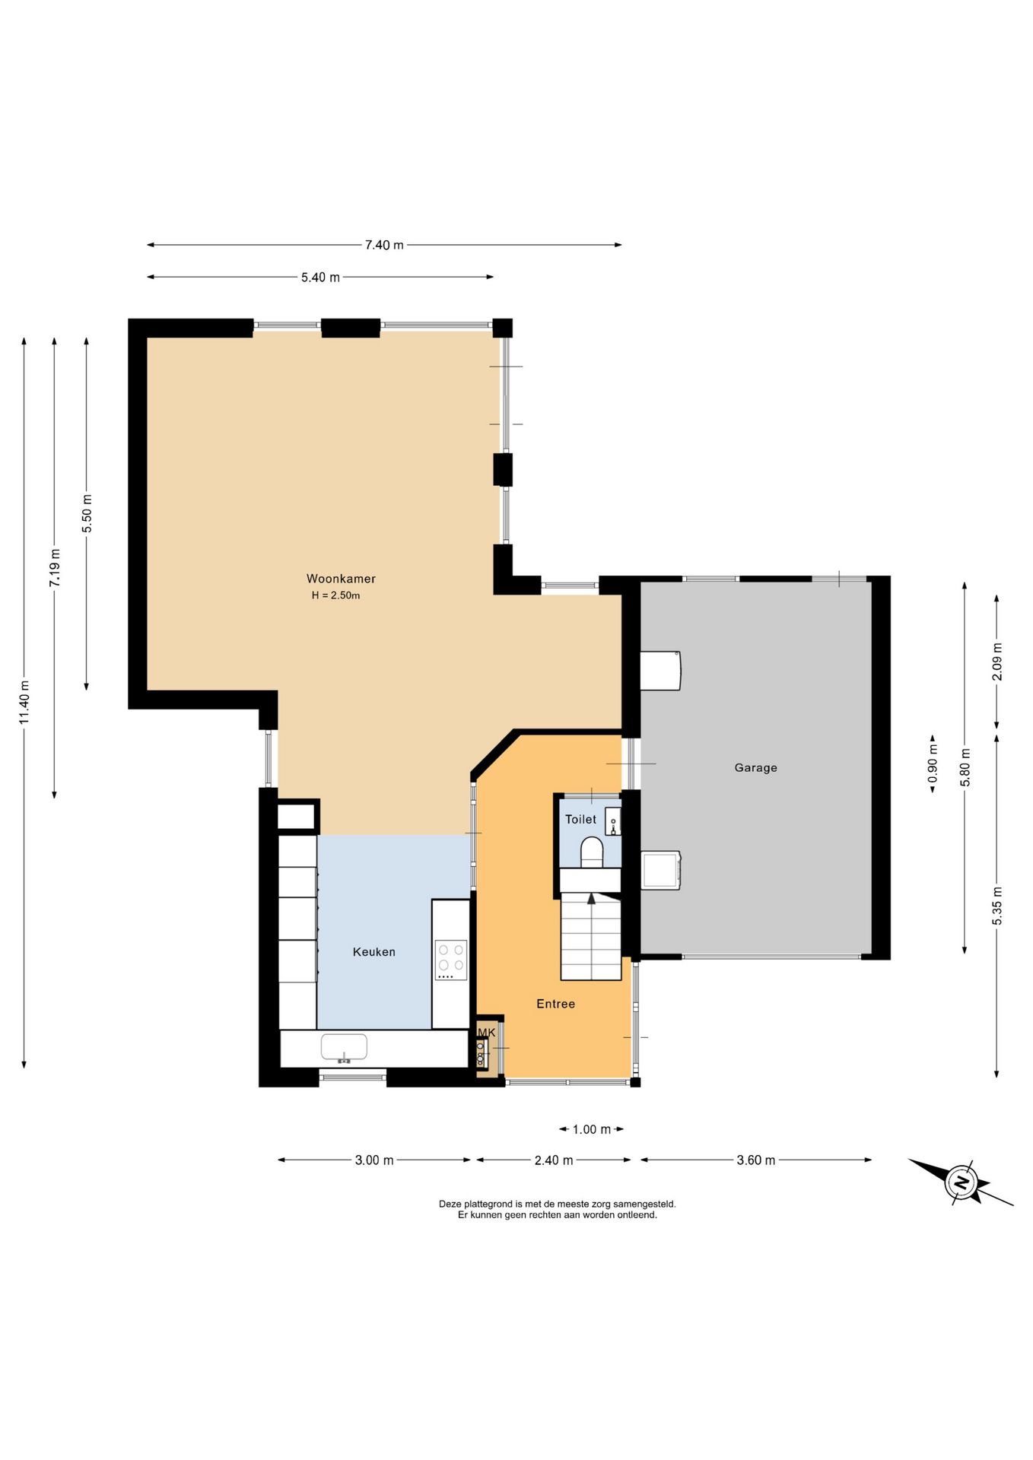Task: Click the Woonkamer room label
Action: (341, 579)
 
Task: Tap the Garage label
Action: (755, 768)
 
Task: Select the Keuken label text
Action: (373, 952)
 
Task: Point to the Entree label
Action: (555, 1004)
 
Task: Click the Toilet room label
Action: (580, 819)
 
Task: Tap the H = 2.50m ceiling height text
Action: (335, 595)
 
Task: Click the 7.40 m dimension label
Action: (384, 245)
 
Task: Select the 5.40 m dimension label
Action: (320, 278)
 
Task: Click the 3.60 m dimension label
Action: (755, 1160)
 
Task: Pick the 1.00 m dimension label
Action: (591, 1129)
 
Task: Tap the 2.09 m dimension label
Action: (997, 662)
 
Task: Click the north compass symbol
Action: (961, 1182)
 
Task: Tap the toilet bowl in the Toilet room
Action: (592, 852)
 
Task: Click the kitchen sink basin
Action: (344, 1047)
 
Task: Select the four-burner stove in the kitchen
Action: (450, 960)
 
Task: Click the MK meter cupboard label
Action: (486, 1032)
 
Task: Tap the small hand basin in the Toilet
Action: (613, 822)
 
